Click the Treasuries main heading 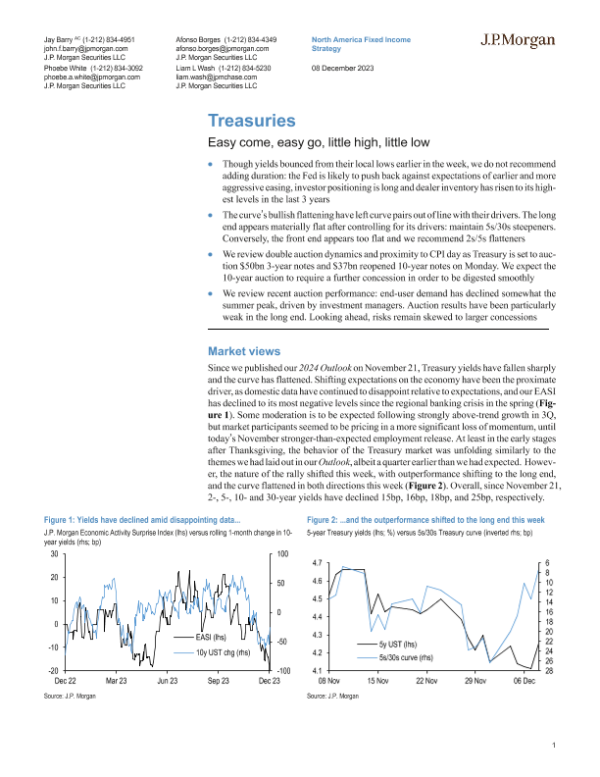tap(251, 122)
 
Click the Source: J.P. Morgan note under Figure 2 tap(331, 694)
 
